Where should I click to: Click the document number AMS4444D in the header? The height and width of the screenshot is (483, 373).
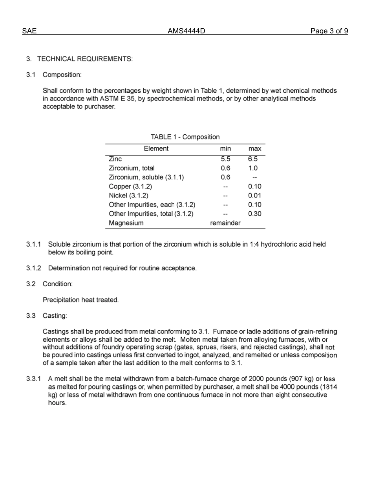[x=186, y=31]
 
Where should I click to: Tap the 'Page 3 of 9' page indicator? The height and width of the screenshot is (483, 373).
[x=329, y=31]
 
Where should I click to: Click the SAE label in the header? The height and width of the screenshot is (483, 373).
[x=29, y=31]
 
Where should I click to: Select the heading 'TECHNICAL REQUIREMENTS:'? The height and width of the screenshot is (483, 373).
[x=85, y=59]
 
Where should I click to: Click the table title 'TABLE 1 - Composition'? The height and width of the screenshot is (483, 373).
[x=185, y=137]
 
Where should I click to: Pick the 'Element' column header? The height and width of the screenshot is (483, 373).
[x=156, y=148]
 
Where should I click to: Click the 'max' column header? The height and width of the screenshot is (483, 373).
[x=254, y=148]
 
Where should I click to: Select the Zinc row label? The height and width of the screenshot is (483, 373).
[x=115, y=159]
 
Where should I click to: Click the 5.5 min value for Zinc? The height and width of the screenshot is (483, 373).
[x=225, y=159]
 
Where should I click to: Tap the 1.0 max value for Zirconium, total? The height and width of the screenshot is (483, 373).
[x=253, y=168]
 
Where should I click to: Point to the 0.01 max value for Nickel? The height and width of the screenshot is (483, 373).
[x=254, y=196]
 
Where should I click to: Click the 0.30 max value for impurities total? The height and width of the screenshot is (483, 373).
[x=254, y=214]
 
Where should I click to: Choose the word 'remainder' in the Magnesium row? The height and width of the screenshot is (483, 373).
[x=225, y=223]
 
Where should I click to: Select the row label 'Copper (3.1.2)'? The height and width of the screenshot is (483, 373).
[x=130, y=187]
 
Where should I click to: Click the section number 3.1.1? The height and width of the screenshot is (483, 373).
[x=34, y=244]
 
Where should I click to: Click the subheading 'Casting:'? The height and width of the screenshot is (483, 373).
[x=55, y=316]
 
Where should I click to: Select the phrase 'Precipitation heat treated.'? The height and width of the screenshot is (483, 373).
[x=80, y=300]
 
